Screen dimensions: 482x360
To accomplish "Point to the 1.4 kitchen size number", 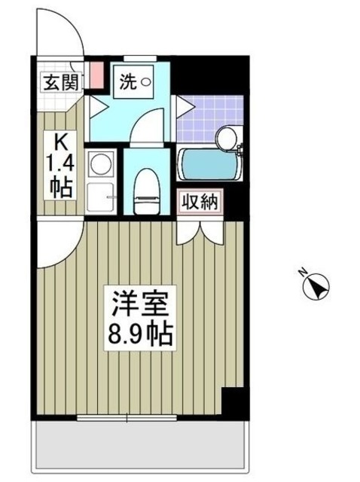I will point(60,163).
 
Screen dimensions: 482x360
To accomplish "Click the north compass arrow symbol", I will point(317,287).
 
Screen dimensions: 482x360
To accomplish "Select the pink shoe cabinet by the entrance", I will point(96,74).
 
